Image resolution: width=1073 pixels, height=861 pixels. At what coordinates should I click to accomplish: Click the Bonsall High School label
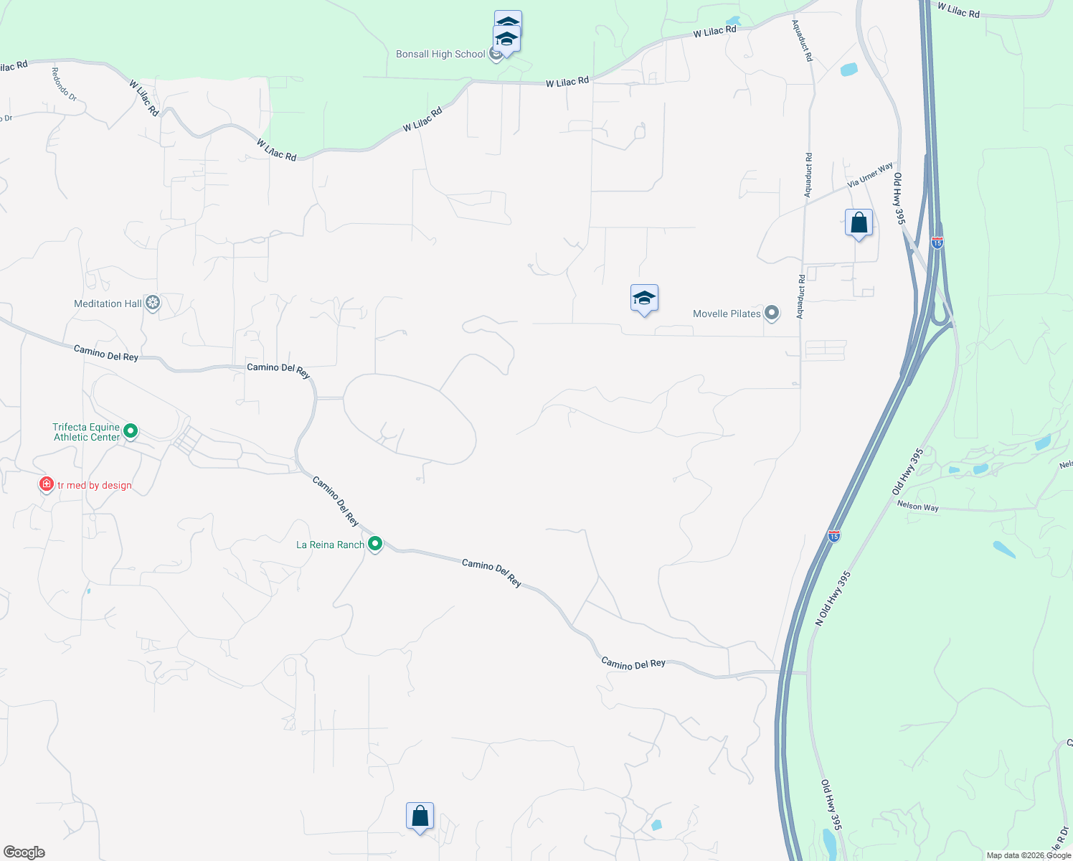pyautogui.click(x=440, y=55)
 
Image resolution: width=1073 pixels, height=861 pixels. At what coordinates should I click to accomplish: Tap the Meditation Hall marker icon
pyautogui.click(x=152, y=303)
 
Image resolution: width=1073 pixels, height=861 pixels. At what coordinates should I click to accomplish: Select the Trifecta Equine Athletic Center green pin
pyautogui.click(x=131, y=431)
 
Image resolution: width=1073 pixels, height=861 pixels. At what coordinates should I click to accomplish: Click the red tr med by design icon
pyautogui.click(x=47, y=484)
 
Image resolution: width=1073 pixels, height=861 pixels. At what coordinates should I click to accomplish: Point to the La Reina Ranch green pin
pyautogui.click(x=374, y=544)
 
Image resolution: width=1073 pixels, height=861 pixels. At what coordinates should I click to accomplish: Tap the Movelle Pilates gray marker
pyautogui.click(x=772, y=313)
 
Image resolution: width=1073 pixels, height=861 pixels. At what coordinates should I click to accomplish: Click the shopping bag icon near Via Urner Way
pyautogui.click(x=859, y=223)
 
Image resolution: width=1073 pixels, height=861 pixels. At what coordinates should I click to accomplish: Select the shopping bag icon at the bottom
pyautogui.click(x=420, y=817)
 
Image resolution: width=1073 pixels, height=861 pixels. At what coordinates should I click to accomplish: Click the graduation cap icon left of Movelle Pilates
pyautogui.click(x=644, y=298)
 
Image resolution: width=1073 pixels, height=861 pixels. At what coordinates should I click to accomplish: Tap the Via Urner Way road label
pyautogui.click(x=870, y=175)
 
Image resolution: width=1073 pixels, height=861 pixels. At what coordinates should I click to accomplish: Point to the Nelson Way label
pyautogui.click(x=917, y=507)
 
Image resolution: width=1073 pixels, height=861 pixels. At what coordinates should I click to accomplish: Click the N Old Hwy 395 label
pyautogui.click(x=833, y=598)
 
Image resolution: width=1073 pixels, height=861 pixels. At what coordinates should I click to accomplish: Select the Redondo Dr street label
pyautogui.click(x=64, y=84)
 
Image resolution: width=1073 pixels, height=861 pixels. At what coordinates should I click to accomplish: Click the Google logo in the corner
pyautogui.click(x=24, y=852)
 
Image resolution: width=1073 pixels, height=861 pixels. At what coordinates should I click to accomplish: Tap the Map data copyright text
pyautogui.click(x=1029, y=855)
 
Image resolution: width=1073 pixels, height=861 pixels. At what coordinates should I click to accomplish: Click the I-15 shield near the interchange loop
pyautogui.click(x=937, y=243)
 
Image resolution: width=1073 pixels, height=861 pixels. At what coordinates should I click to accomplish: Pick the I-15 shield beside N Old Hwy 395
pyautogui.click(x=833, y=535)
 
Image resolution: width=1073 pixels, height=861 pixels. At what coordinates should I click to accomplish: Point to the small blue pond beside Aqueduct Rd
pyautogui.click(x=849, y=70)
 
